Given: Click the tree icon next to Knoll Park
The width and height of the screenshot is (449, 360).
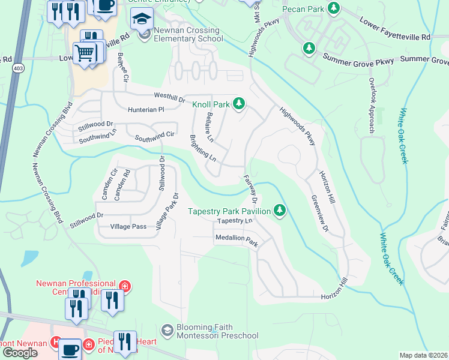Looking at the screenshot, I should tap(239, 104).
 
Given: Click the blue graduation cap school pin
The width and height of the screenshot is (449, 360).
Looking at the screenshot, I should tap(141, 20).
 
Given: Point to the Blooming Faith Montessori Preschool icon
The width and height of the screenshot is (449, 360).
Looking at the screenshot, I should tap(167, 331).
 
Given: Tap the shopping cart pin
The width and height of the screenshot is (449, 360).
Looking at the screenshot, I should tap(85, 53).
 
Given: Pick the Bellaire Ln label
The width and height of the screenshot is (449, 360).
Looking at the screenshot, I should tap(209, 127).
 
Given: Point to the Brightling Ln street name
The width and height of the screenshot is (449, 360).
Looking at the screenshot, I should tap(202, 149).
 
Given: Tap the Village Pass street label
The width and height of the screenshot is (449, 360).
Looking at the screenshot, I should tap(128, 227).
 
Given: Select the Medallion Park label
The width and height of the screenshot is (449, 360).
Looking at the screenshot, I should tap(236, 238).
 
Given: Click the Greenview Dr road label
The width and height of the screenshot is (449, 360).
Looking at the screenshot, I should tap(320, 212).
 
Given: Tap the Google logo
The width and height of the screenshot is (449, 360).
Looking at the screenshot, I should tap(20, 353).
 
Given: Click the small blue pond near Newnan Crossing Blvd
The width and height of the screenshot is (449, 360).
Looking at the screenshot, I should tap(29, 257).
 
